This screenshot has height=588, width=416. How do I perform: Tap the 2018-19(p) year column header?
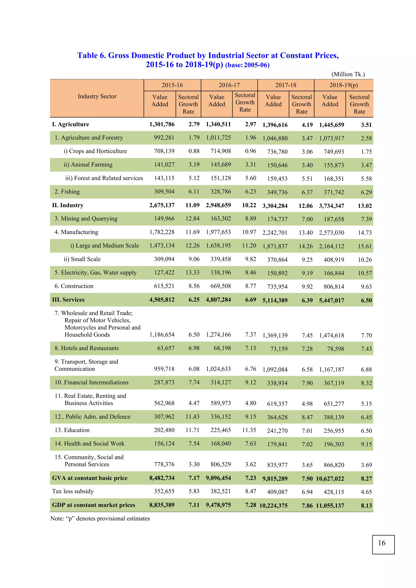click(343, 85)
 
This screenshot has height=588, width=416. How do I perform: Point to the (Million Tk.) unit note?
click(348, 74)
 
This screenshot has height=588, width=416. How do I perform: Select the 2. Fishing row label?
click(67, 191)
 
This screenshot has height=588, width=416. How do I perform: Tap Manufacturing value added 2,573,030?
click(331, 232)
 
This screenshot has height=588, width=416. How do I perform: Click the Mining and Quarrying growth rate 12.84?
click(192, 218)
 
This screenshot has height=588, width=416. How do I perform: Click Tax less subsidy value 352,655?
click(164, 491)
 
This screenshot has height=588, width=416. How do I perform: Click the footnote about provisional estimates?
click(100, 518)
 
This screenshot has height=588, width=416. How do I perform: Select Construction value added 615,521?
click(164, 286)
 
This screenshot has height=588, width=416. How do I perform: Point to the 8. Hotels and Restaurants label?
click(87, 348)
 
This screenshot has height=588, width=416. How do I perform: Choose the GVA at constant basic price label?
click(90, 478)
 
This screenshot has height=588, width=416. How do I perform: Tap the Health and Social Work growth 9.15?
click(366, 444)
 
